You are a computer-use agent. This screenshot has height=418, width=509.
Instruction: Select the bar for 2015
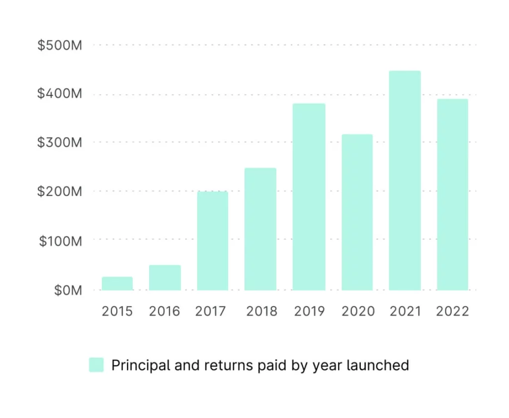(117, 283)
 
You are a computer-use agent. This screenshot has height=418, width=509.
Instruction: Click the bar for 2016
(165, 278)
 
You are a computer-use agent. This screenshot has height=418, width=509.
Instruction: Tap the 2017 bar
(213, 241)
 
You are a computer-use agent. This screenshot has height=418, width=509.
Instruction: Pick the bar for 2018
(260, 229)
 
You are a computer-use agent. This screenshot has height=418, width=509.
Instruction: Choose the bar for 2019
(309, 197)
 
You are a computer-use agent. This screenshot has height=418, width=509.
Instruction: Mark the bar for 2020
(357, 212)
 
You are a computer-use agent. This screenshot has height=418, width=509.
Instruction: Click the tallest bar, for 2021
(405, 180)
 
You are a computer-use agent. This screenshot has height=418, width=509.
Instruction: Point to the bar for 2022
(452, 194)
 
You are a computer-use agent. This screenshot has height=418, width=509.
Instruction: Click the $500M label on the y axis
(60, 46)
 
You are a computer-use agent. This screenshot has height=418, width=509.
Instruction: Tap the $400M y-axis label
(60, 94)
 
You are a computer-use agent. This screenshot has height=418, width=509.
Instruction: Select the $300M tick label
(60, 142)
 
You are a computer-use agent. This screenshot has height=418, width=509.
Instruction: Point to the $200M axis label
(60, 191)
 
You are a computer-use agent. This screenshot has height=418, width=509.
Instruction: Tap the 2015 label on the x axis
(117, 312)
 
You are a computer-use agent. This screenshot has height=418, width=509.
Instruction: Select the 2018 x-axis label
(262, 312)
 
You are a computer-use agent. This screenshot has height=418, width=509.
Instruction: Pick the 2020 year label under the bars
(358, 312)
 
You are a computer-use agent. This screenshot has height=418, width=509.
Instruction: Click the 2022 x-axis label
(452, 312)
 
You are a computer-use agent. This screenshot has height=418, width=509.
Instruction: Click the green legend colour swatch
(96, 365)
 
